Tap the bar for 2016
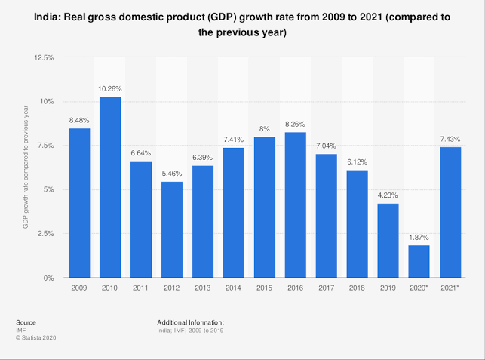click(x=296, y=205)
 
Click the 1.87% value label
click(x=419, y=238)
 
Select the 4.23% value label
click(x=388, y=196)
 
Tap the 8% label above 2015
click(x=265, y=129)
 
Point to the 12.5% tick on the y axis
click(x=43, y=57)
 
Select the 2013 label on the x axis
click(x=203, y=289)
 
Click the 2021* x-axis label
click(x=450, y=289)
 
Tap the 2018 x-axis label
click(x=358, y=289)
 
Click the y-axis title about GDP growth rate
click(x=26, y=168)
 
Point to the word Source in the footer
click(x=26, y=322)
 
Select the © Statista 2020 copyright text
click(x=35, y=337)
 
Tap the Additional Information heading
click(x=191, y=322)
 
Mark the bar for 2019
click(x=388, y=241)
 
